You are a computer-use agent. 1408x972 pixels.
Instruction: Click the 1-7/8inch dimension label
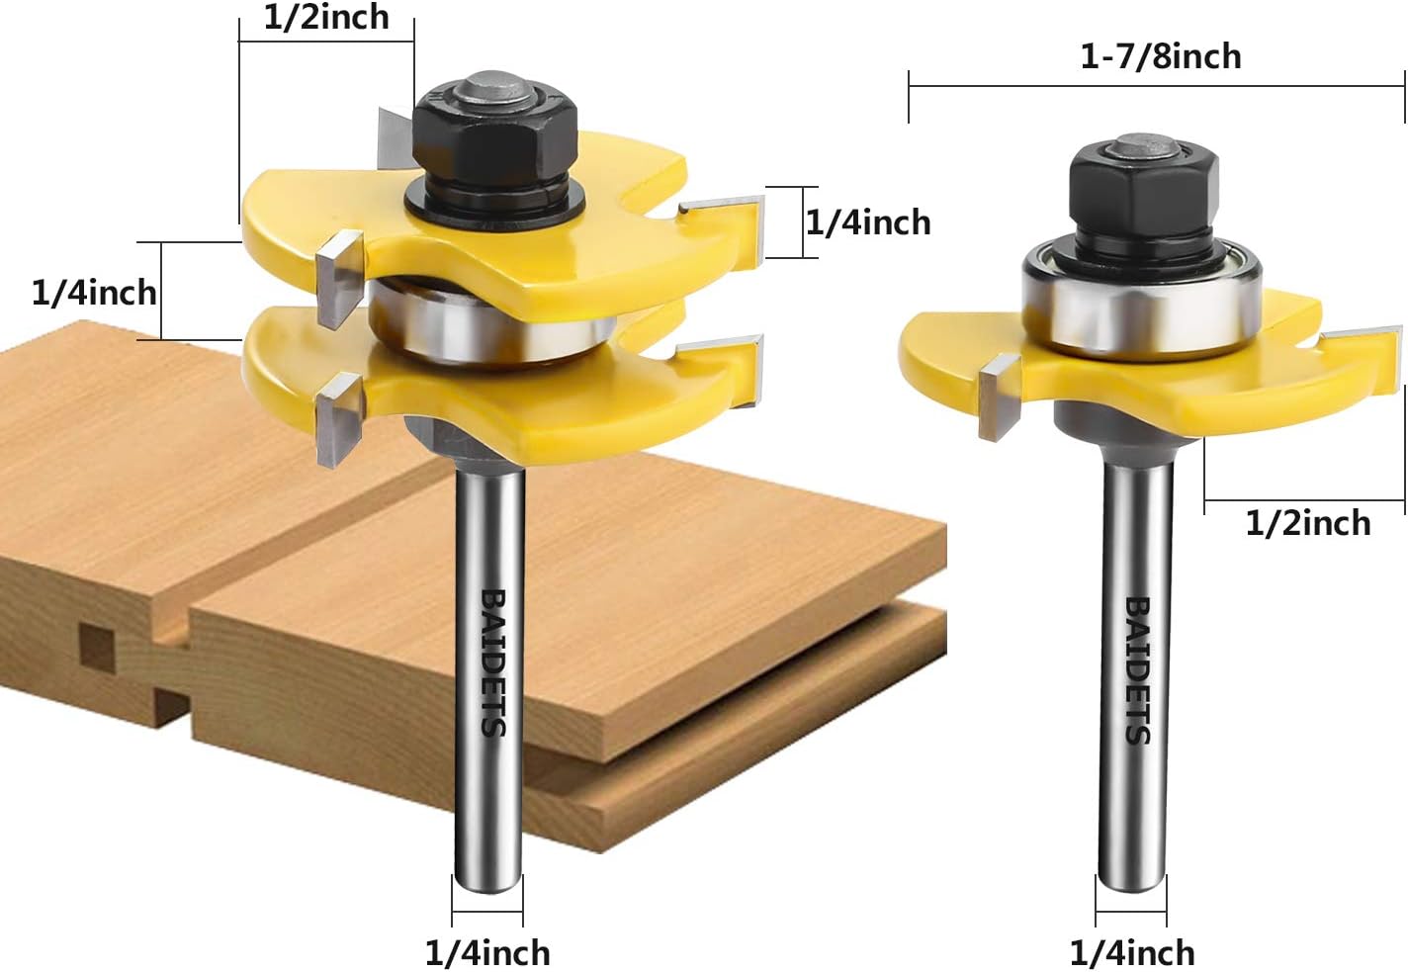tap(1161, 56)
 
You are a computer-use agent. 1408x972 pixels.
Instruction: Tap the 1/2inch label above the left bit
tap(326, 17)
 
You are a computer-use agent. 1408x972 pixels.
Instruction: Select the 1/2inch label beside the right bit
tap(1307, 523)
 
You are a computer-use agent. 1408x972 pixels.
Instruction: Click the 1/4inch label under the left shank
tap(487, 953)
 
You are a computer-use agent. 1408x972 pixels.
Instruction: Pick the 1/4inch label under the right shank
tap(1131, 953)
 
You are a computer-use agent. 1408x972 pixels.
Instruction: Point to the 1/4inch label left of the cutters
tap(94, 293)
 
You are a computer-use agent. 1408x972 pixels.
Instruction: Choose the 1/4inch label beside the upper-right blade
tap(868, 222)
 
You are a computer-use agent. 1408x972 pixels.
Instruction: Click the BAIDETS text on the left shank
tap(494, 663)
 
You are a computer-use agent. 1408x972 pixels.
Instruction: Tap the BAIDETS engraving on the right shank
tap(1137, 670)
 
